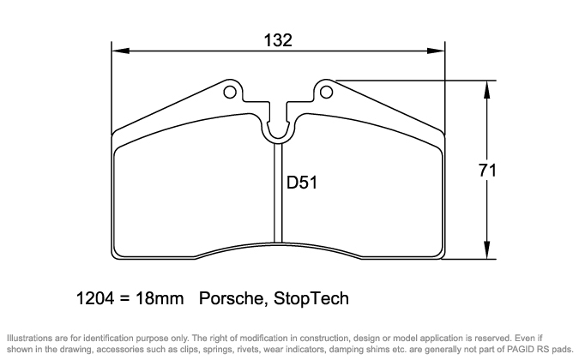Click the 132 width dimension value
(279, 40)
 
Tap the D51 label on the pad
(302, 183)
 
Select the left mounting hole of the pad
(231, 91)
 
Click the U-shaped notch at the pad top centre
(277, 129)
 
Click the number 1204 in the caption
(95, 299)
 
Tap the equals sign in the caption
(123, 300)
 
